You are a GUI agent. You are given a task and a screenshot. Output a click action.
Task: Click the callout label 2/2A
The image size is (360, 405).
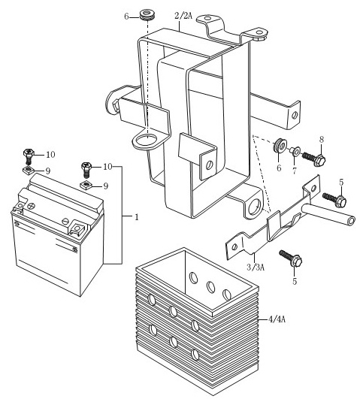click(183, 16)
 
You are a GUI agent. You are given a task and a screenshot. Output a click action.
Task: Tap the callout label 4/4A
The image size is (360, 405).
click(277, 319)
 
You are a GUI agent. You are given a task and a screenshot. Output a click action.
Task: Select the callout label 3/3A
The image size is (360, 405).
click(256, 267)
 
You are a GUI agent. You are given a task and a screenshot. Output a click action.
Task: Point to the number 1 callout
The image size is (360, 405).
click(137, 217)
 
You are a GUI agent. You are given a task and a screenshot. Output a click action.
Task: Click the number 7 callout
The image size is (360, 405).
click(295, 171)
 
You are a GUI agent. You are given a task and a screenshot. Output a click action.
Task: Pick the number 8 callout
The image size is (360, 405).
click(322, 140)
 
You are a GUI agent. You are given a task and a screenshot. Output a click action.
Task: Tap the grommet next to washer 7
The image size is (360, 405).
click(280, 146)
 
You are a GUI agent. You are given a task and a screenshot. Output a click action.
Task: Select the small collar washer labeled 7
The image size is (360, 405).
click(295, 151)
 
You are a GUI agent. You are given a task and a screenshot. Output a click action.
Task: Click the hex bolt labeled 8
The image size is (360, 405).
click(313, 158)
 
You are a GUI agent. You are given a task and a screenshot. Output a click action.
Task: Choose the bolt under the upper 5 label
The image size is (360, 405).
click(334, 200)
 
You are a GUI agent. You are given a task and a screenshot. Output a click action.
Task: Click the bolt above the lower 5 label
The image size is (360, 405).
click(291, 258)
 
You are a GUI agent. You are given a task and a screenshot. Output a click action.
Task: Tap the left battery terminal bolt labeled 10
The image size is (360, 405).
click(29, 156)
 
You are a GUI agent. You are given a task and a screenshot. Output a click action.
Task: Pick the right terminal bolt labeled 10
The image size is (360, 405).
click(86, 169)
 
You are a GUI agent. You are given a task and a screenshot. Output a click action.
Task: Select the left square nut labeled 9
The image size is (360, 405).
click(29, 170)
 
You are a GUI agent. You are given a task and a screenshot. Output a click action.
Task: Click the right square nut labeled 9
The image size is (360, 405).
click(86, 185)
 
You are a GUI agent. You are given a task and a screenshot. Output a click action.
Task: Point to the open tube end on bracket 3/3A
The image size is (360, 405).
click(351, 221)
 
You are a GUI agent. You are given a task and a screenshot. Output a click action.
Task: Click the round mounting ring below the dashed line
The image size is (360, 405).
click(146, 141)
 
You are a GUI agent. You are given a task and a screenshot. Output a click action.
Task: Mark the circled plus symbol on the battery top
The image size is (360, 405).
click(32, 206)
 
